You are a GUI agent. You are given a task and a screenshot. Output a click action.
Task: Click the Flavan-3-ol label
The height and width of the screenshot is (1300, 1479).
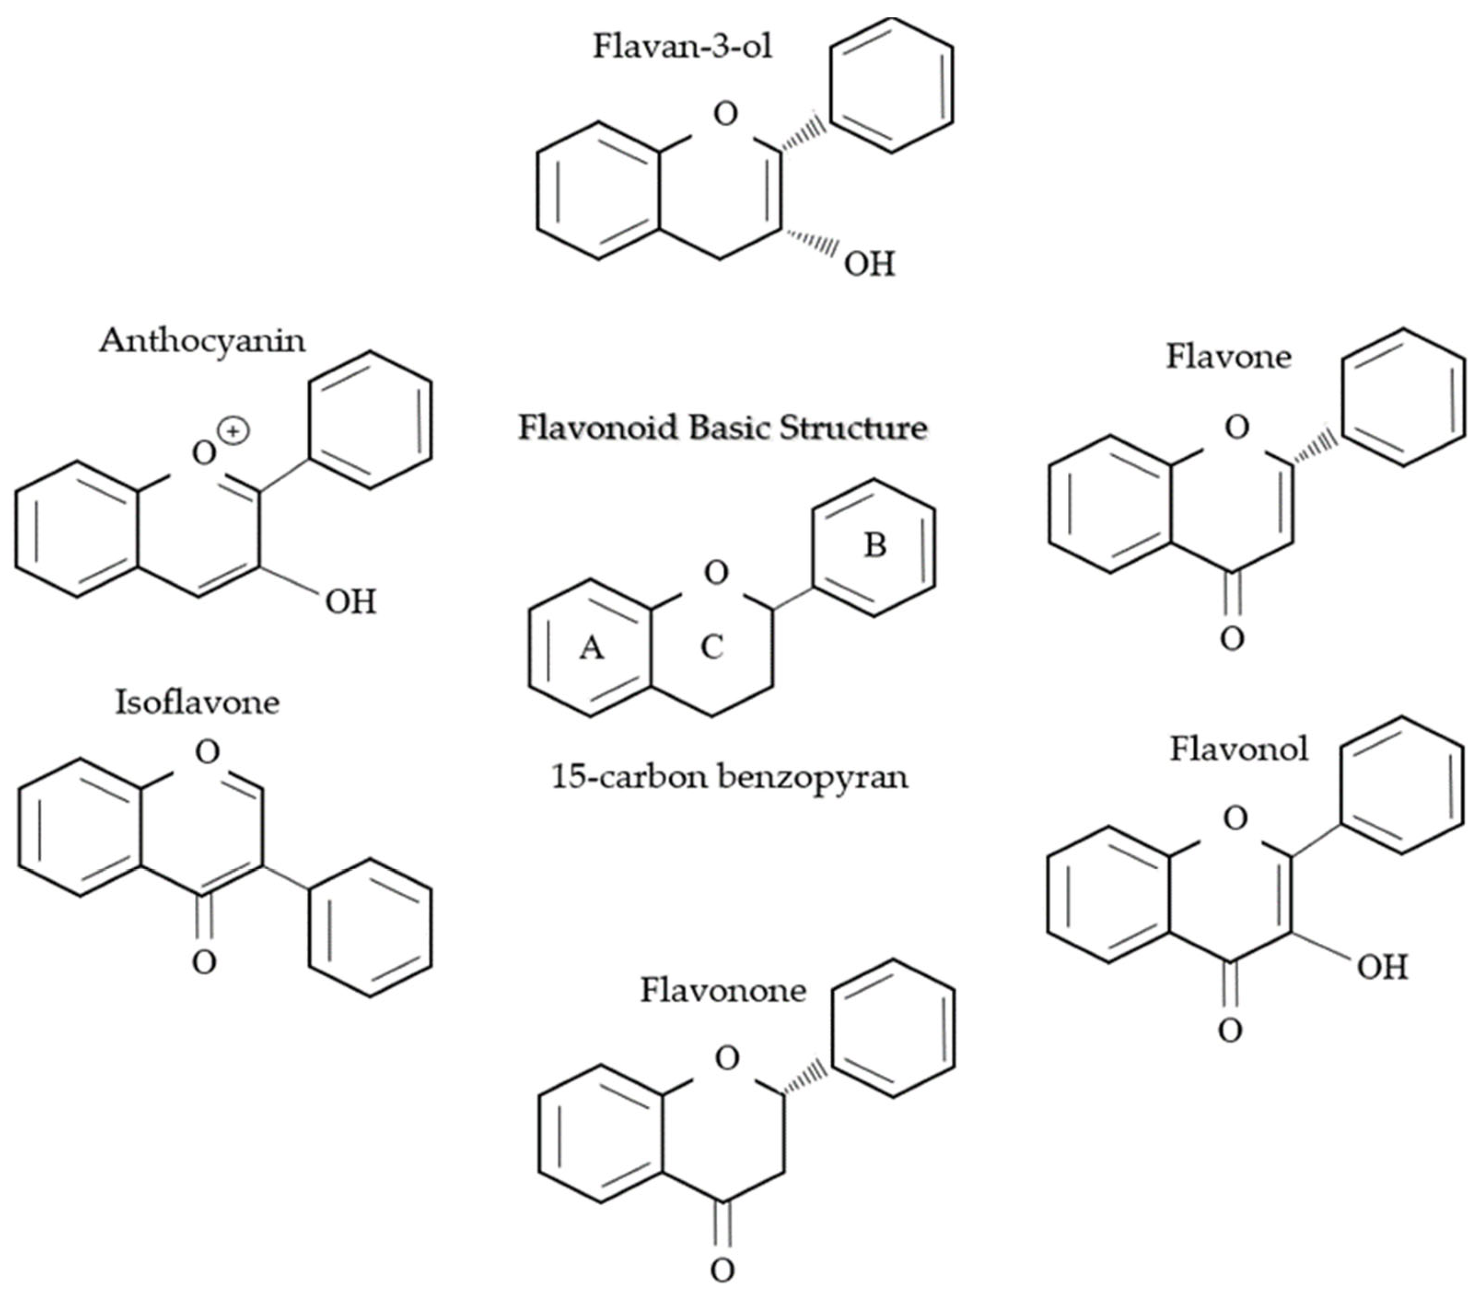682,46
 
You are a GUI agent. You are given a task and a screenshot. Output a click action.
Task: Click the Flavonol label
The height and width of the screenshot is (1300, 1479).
1239,749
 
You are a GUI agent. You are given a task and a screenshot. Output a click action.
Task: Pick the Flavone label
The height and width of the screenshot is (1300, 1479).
1228,357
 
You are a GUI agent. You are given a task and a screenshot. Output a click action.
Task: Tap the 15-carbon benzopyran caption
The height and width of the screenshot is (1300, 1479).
729,777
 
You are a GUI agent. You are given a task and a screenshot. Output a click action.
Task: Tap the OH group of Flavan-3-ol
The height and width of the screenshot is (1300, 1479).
869,265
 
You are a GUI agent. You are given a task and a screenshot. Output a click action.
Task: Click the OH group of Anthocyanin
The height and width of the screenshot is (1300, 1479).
350,602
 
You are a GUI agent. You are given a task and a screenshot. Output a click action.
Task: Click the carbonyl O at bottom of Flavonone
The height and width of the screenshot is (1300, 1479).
722,1270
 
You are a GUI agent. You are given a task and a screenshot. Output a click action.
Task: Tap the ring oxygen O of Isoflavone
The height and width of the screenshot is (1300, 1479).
207,753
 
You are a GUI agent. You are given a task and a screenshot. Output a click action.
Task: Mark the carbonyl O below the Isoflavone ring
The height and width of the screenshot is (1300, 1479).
204,962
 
